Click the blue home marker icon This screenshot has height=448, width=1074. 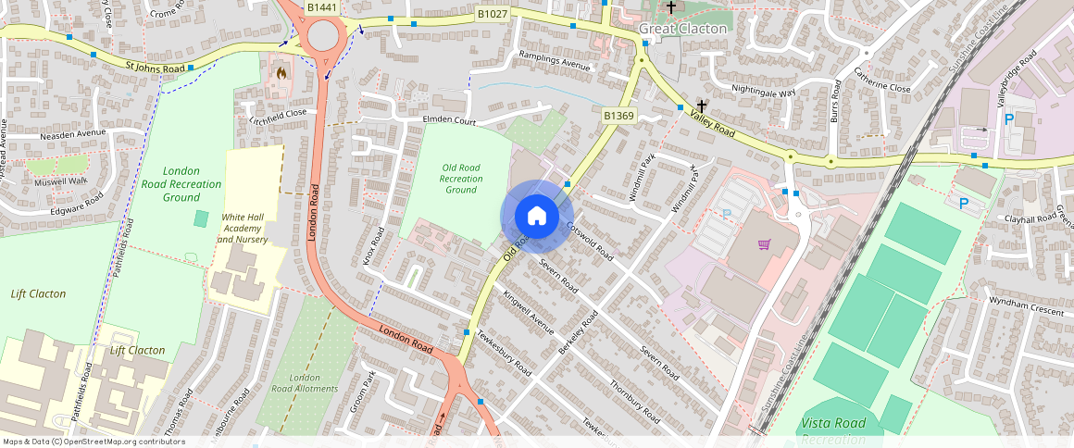tap(536, 217)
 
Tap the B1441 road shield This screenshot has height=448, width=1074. tap(321, 7)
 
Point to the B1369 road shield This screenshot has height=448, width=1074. tap(618, 116)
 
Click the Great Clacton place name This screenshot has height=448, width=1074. tap(682, 29)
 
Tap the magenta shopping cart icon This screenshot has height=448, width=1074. tap(765, 244)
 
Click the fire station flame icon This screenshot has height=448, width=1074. tap(281, 70)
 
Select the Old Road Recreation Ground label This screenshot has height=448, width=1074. tap(460, 179)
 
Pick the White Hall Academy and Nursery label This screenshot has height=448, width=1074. tap(243, 229)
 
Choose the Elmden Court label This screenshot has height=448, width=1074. tap(449, 121)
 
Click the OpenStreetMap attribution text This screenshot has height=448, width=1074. tap(93, 442)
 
